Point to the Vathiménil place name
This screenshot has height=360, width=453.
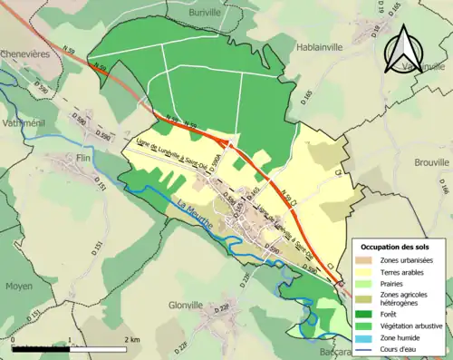point(24,122)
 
